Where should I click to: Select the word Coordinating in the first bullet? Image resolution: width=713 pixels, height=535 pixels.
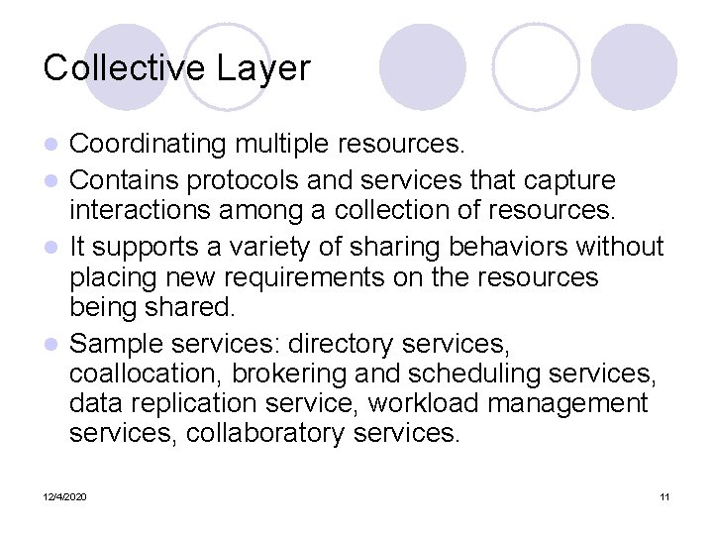149,145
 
